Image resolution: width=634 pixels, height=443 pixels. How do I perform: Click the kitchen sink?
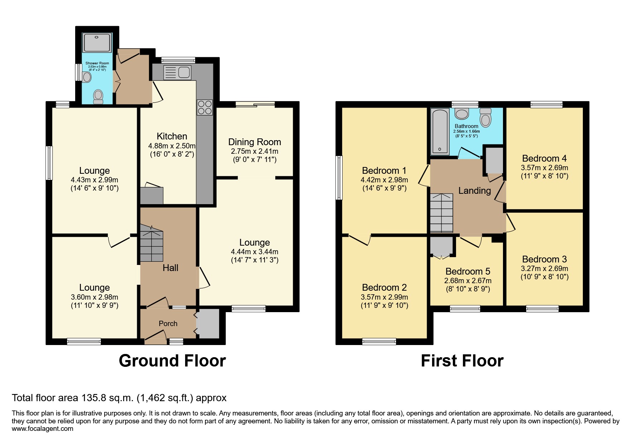click(177, 72)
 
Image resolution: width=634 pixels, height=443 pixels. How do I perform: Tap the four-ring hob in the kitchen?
click(204, 107)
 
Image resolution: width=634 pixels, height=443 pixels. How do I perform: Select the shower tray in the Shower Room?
click(92, 43)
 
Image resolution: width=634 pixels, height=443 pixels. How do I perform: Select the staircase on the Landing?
click(441, 213)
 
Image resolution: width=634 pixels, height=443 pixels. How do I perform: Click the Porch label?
click(168, 324)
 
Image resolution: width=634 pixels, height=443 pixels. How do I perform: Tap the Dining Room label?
click(255, 142)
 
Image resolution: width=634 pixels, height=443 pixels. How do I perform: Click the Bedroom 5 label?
click(468, 271)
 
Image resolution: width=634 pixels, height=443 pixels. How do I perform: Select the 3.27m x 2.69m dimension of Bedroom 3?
click(544, 269)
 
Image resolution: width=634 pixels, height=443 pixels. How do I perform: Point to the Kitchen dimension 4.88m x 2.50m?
click(172, 146)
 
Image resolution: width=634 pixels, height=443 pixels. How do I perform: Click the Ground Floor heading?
click(172, 361)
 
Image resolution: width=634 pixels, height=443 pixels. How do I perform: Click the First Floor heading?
click(462, 361)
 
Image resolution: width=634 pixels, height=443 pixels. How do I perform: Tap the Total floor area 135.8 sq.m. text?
click(119, 398)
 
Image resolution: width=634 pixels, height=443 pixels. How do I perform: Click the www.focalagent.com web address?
click(42, 428)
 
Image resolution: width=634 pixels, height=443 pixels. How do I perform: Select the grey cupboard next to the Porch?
click(208, 324)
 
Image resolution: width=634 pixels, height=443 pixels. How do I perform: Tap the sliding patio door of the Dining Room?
click(255, 104)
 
